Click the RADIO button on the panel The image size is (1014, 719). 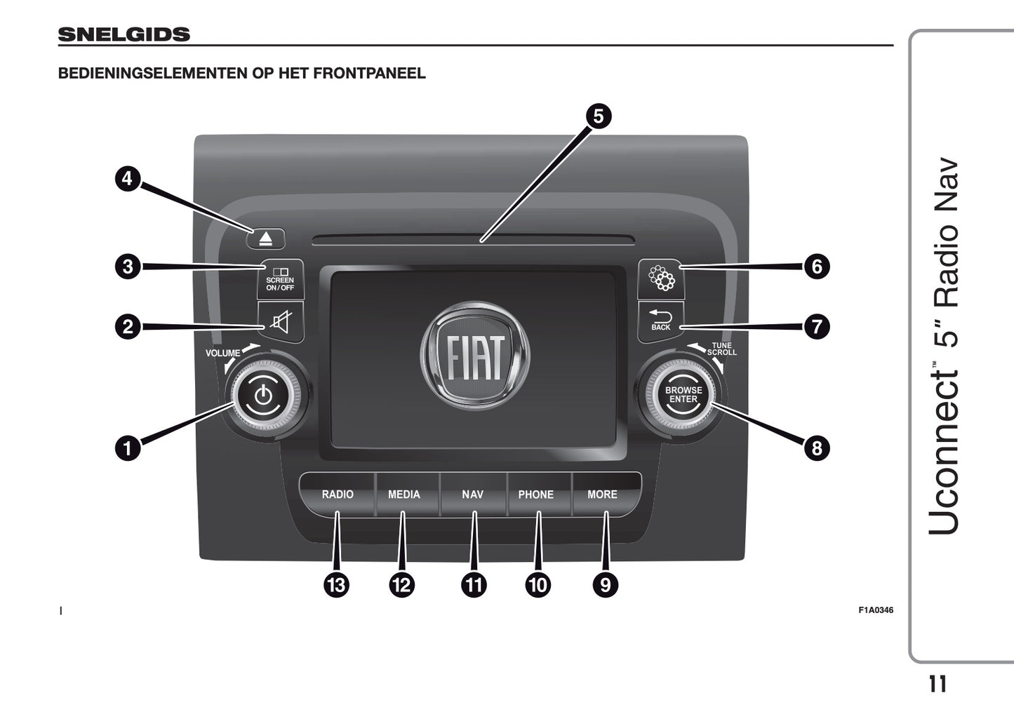(x=338, y=495)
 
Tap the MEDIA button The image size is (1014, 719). (x=404, y=495)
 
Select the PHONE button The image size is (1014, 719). (x=536, y=495)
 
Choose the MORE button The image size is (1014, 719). (x=602, y=495)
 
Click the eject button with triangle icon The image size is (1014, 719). (x=265, y=238)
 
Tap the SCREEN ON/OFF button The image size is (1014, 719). (x=280, y=279)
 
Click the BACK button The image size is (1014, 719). (x=660, y=321)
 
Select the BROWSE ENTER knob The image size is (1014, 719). (x=683, y=395)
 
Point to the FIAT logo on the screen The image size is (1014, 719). (x=475, y=356)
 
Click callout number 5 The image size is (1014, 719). (x=598, y=116)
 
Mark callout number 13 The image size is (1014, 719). (x=337, y=584)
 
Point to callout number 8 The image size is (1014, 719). (x=816, y=448)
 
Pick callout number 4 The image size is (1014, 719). (x=127, y=178)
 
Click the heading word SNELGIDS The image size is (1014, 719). (x=124, y=34)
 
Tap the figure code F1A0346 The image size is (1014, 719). (x=876, y=610)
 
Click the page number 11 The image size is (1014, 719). (x=937, y=684)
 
